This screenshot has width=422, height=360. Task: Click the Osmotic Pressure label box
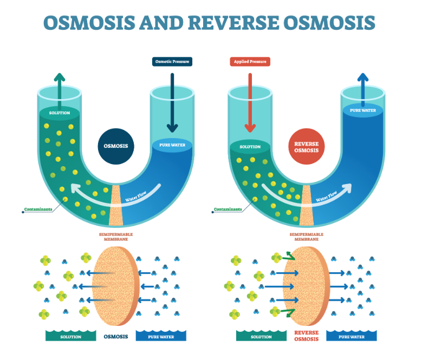click(x=172, y=61)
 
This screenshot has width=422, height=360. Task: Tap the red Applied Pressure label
click(x=251, y=61)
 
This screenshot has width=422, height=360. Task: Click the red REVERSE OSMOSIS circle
click(x=307, y=147)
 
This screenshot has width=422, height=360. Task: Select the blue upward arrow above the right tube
click(x=362, y=87)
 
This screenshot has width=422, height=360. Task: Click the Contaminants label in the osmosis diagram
click(x=38, y=209)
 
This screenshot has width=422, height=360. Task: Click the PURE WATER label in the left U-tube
click(x=172, y=145)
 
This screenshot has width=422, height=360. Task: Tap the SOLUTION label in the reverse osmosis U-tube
click(x=250, y=147)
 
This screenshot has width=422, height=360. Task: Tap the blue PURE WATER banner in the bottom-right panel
click(x=352, y=337)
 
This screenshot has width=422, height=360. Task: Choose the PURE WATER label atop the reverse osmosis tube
click(x=362, y=110)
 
